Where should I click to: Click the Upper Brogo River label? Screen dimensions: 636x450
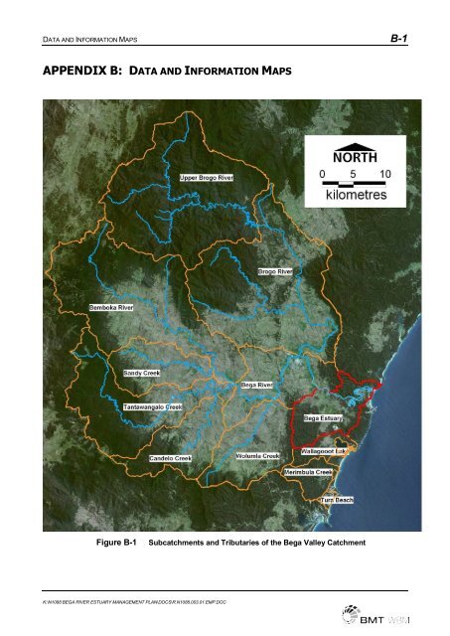[x=207, y=177]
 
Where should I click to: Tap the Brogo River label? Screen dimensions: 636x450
[x=275, y=270]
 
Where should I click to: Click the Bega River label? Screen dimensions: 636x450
[x=259, y=383]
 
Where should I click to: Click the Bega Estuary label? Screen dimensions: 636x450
[x=323, y=418]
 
